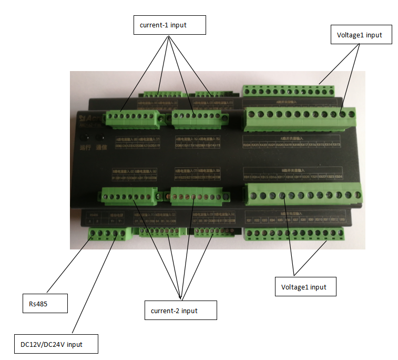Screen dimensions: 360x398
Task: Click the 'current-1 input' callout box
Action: [168, 25]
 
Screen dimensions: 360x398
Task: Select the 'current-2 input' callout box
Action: [180, 311]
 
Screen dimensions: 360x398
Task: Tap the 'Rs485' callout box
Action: [45, 304]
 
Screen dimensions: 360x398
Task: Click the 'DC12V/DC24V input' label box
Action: [56, 345]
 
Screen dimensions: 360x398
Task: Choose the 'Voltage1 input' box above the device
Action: [360, 36]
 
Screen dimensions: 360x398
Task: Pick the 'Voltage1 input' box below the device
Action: [304, 287]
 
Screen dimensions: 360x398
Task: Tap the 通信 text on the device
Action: [101, 148]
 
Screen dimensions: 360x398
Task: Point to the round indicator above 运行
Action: [84, 137]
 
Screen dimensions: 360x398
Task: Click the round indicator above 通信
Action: [100, 137]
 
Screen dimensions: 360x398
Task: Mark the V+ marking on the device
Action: [112, 221]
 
